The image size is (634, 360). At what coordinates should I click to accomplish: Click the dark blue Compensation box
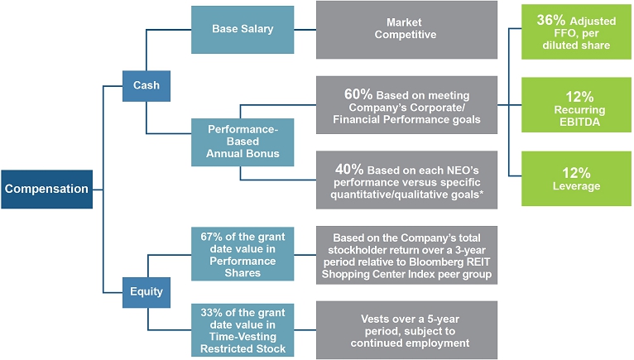(46, 189)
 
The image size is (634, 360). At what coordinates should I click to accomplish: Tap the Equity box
(146, 291)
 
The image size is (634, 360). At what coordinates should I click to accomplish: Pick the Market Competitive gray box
(406, 29)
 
